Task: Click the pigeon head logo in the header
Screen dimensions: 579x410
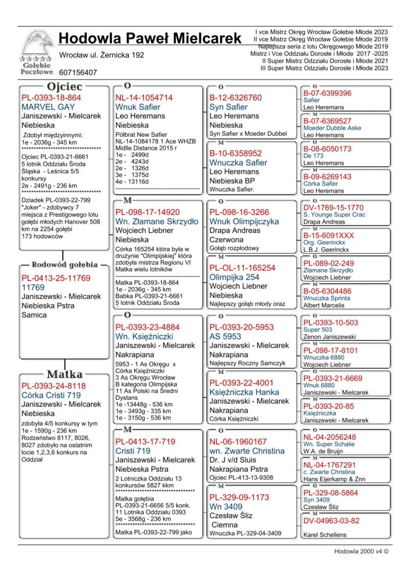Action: tap(37, 45)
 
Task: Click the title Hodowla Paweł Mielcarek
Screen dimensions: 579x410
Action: tap(150, 38)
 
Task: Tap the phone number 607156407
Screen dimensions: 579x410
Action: tap(78, 73)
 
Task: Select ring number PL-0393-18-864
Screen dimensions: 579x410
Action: tap(51, 98)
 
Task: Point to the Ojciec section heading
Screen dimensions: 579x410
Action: tap(65, 87)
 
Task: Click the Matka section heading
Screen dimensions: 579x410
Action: tap(65, 375)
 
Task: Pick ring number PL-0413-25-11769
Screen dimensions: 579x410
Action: tap(56, 278)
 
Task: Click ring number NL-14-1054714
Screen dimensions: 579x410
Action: tap(144, 98)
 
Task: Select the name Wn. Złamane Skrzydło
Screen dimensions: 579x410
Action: tap(157, 221)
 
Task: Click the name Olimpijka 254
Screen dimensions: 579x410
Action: tap(234, 277)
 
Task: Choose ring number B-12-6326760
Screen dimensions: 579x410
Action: tap(235, 98)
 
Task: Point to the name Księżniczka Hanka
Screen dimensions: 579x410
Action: tap(244, 392)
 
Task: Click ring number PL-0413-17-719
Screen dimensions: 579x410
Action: tap(145, 442)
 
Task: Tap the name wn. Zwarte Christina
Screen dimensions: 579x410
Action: tap(247, 451)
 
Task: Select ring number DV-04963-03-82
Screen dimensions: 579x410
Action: tap(332, 521)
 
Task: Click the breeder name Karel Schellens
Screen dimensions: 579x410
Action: tap(325, 535)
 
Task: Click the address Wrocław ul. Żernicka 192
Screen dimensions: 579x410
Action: tap(101, 55)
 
